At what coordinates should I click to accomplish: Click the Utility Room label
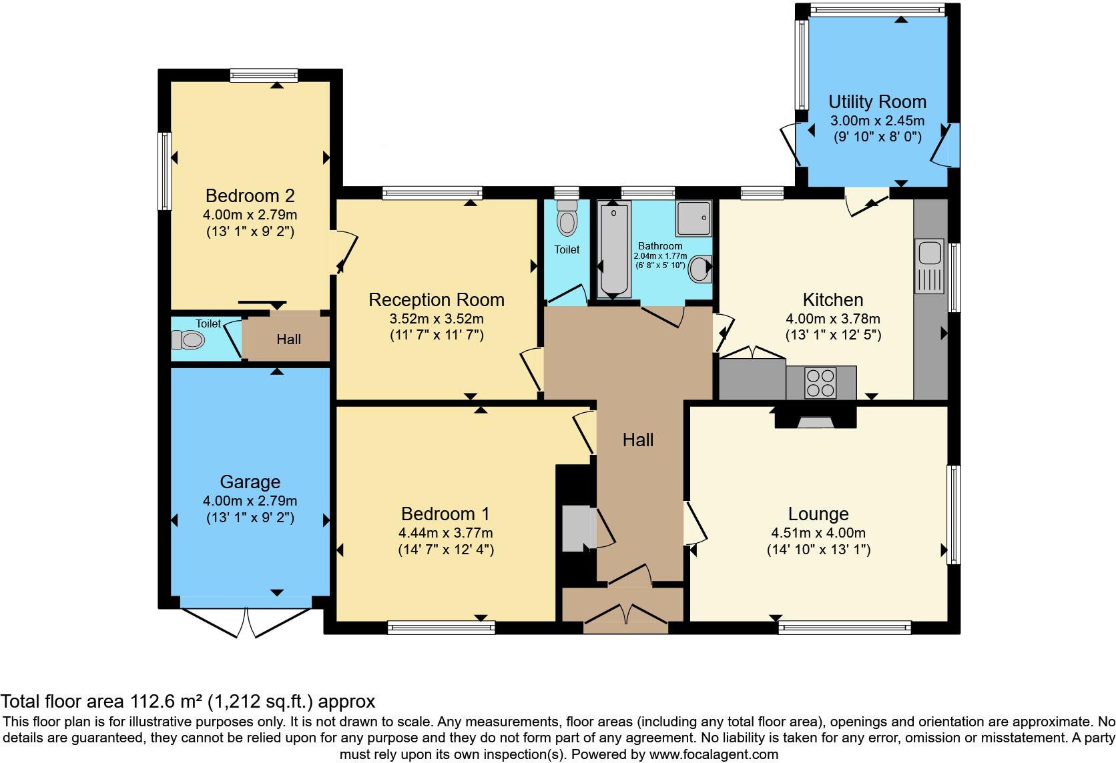pyautogui.click(x=877, y=102)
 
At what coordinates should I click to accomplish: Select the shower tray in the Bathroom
pyautogui.click(x=694, y=218)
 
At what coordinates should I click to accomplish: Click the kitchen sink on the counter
pyautogui.click(x=930, y=254)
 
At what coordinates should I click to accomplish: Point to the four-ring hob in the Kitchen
pyautogui.click(x=820, y=383)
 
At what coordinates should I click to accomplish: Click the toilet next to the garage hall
pyautogui.click(x=188, y=341)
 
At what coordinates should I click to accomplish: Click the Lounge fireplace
pyautogui.click(x=816, y=420)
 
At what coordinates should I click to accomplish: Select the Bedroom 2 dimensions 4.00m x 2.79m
pyautogui.click(x=250, y=215)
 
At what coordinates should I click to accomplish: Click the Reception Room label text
pyautogui.click(x=437, y=300)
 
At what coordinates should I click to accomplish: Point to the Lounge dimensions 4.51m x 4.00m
pyautogui.click(x=818, y=533)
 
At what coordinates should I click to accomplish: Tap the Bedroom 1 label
pyautogui.click(x=445, y=514)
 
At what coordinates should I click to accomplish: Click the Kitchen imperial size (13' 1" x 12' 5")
pyautogui.click(x=833, y=335)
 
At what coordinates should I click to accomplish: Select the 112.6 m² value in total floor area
pyautogui.click(x=166, y=702)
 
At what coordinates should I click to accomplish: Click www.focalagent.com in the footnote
pyautogui.click(x=714, y=755)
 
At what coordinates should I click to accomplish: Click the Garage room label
pyautogui.click(x=250, y=482)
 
